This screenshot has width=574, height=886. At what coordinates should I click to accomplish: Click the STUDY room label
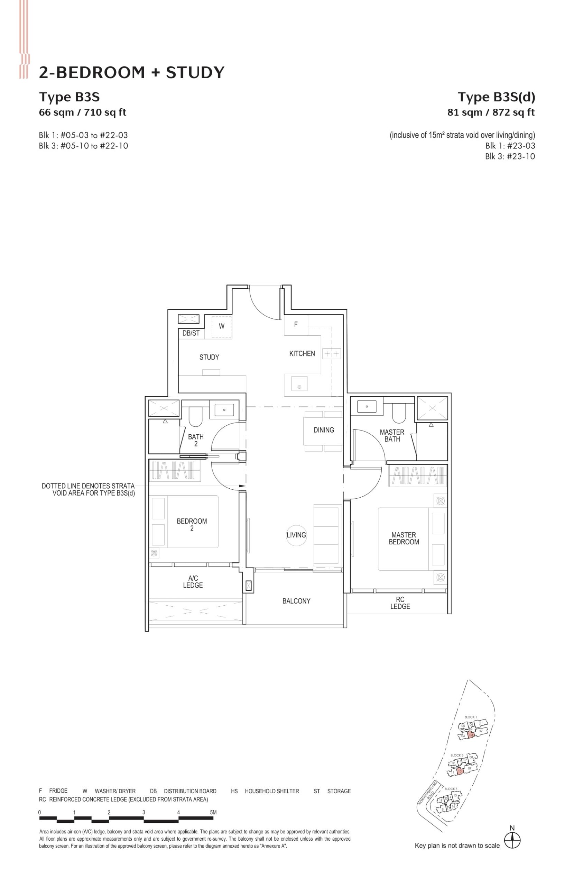tap(209, 358)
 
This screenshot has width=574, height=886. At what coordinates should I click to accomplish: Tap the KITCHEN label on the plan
tap(302, 354)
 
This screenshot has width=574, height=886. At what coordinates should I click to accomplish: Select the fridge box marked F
tap(296, 325)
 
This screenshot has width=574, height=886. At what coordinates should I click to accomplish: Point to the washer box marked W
tap(221, 326)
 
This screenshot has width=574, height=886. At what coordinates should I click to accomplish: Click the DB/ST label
tap(191, 334)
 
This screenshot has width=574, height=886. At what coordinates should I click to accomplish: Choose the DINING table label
tap(324, 430)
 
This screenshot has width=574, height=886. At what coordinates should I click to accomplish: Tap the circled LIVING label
tap(296, 535)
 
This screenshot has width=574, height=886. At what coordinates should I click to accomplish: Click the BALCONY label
tap(296, 601)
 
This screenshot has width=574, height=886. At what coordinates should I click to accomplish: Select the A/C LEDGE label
tap(193, 582)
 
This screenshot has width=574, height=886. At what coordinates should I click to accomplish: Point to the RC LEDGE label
tap(400, 603)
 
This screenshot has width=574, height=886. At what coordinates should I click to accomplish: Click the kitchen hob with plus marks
tap(332, 354)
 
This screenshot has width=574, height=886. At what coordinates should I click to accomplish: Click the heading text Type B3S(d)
tap(496, 97)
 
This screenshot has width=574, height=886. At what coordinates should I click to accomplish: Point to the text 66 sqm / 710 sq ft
tap(83, 112)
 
